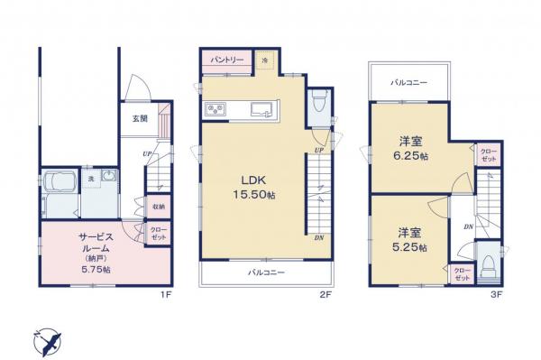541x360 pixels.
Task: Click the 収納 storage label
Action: click(x=157, y=207)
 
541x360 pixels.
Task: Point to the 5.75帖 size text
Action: click(x=94, y=268)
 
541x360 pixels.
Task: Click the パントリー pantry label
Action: click(x=227, y=59)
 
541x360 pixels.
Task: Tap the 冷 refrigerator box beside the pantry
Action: click(x=265, y=60)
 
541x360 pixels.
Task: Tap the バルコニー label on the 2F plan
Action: click(x=267, y=270)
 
